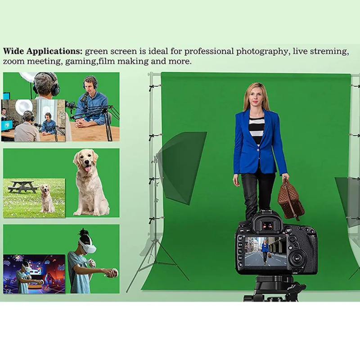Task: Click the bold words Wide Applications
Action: (42, 51)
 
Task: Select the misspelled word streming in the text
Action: (328, 51)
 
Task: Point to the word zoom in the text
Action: (13, 61)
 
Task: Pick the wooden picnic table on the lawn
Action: (22, 186)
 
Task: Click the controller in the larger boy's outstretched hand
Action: (114, 272)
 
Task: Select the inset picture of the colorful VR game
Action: (34, 274)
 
